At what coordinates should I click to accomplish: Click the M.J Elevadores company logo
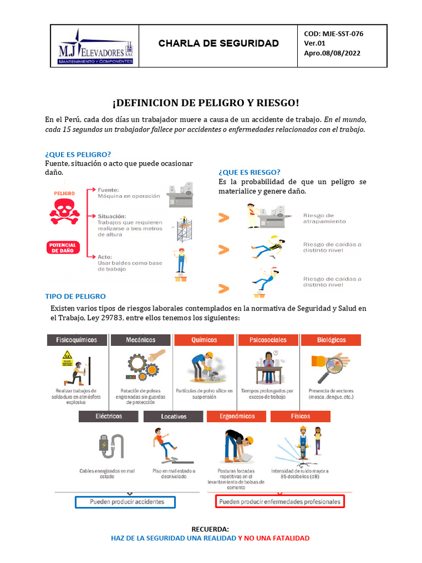pyautogui.click(x=96, y=47)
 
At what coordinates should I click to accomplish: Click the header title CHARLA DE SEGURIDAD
pyautogui.click(x=219, y=43)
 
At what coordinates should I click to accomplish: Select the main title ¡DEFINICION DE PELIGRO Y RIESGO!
pyautogui.click(x=206, y=103)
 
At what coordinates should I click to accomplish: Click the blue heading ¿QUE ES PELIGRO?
pyautogui.click(x=78, y=154)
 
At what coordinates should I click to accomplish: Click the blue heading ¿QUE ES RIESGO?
pyautogui.click(x=249, y=172)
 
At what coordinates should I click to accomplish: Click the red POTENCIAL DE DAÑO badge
pyautogui.click(x=63, y=247)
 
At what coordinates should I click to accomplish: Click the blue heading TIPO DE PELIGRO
pyautogui.click(x=75, y=296)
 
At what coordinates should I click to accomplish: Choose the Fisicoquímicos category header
pyautogui.click(x=76, y=340)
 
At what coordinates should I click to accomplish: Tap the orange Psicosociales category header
pyautogui.click(x=268, y=340)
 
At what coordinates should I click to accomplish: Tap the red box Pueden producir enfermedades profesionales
pyautogui.click(x=279, y=502)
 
